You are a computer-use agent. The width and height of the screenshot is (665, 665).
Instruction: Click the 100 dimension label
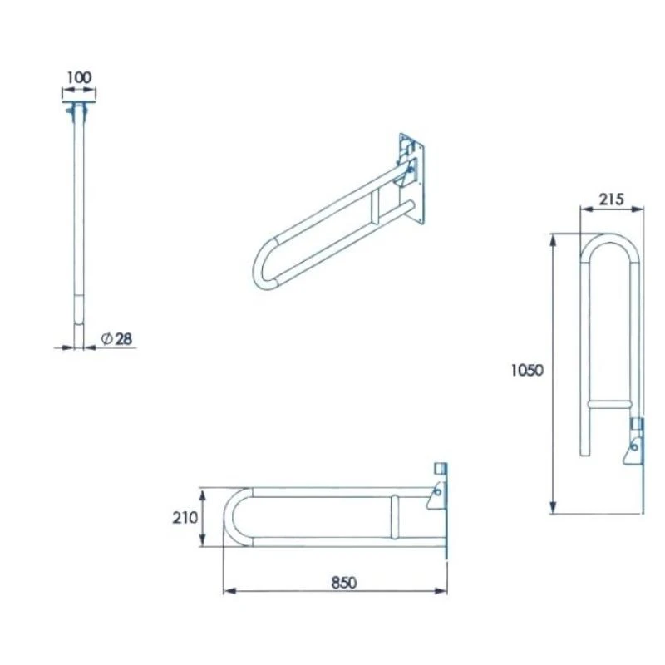pyautogui.click(x=78, y=77)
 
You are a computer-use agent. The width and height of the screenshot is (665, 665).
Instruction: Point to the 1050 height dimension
pyautogui.click(x=527, y=371)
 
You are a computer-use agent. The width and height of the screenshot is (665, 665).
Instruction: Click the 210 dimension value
pyautogui.click(x=185, y=517)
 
